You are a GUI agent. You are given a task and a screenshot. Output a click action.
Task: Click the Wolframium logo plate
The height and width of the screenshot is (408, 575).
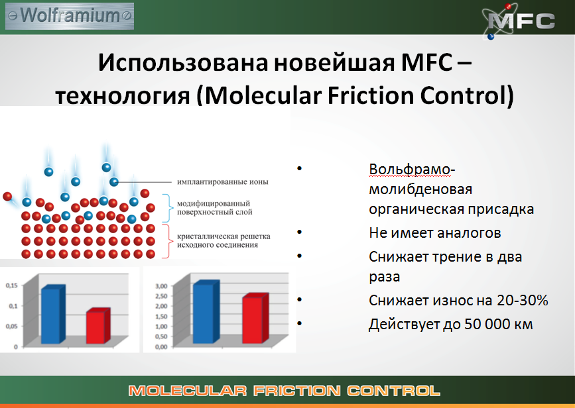point(69,14)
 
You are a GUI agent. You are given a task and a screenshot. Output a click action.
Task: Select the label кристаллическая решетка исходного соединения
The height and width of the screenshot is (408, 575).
point(218,240)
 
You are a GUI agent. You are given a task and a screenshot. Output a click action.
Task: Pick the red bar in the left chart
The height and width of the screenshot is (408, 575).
point(96,327)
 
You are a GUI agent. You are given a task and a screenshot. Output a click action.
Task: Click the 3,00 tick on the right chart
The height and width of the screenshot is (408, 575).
point(162,286)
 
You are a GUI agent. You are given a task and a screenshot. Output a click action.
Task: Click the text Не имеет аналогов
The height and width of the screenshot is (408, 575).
point(434,233)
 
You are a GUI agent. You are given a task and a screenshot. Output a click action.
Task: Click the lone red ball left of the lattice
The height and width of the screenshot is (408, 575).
point(7,197)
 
